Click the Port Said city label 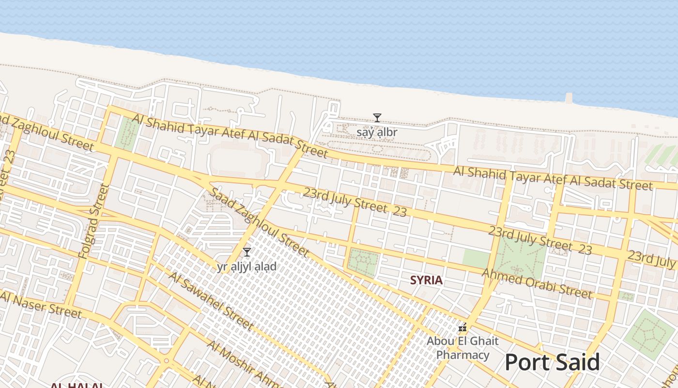pos(552,362)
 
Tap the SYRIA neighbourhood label pos(426,280)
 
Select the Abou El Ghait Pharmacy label pos(462,348)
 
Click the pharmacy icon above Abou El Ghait pos(463,328)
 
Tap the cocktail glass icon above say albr pos(377,118)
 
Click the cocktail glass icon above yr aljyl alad pos(247,252)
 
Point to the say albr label pos(377,132)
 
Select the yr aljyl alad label pos(247,266)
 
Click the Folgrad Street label pos(92,221)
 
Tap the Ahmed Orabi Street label pos(537,284)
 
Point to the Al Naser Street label pos(41,304)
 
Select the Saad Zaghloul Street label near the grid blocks pos(259,222)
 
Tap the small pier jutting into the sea pos(569,97)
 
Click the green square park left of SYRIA pos(363,263)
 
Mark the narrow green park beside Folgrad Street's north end pos(126,133)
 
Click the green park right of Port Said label pos(650,334)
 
